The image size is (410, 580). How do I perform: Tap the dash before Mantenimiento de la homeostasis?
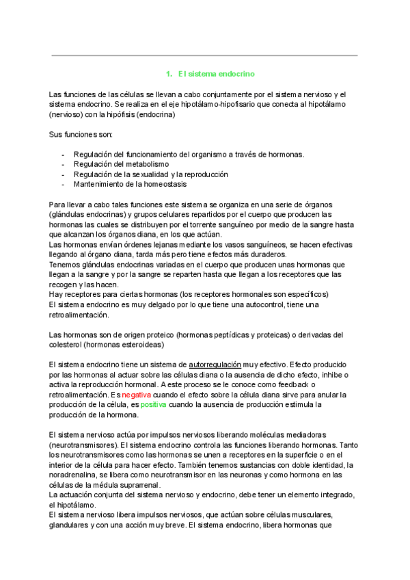[64, 184]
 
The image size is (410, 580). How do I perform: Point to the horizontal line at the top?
[204, 55]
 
